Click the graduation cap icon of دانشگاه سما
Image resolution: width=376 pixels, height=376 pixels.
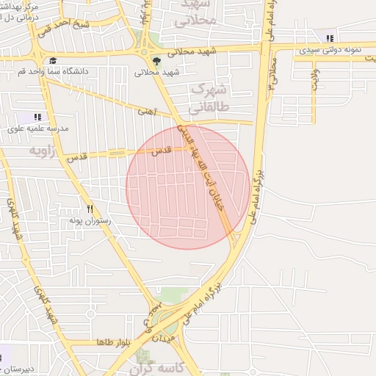coord(53,61)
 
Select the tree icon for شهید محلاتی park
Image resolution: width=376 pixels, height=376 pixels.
coord(156,61)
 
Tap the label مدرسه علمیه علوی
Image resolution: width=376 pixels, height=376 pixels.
coord(38,128)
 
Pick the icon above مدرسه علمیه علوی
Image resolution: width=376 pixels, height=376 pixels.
coord(37,117)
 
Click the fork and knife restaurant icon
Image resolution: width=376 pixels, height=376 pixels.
coord(89,209)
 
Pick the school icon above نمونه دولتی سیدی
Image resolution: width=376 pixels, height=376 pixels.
coord(330,38)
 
